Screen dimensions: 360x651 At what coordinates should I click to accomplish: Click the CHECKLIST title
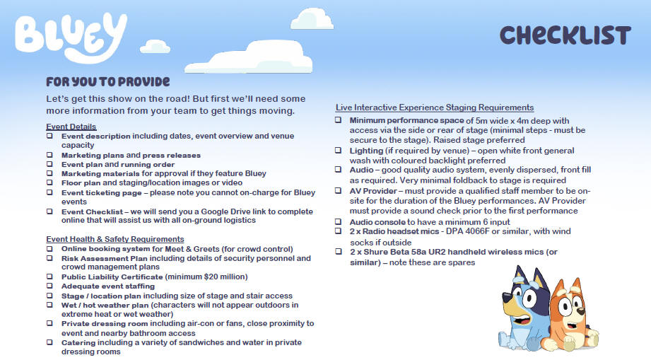point(565,35)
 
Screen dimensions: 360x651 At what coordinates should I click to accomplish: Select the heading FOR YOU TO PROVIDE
point(107,81)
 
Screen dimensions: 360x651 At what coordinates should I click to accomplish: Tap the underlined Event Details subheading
point(66,127)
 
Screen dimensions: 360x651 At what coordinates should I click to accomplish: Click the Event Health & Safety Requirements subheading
point(115,239)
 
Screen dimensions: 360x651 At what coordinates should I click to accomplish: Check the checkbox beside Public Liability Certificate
point(49,277)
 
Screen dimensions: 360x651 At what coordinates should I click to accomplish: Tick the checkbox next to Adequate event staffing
point(49,286)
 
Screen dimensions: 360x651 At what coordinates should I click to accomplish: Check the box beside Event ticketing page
point(49,192)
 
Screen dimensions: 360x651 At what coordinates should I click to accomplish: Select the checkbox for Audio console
point(339,222)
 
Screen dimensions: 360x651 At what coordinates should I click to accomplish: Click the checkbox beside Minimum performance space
point(339,121)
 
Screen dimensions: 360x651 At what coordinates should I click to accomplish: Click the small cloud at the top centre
point(312,18)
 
